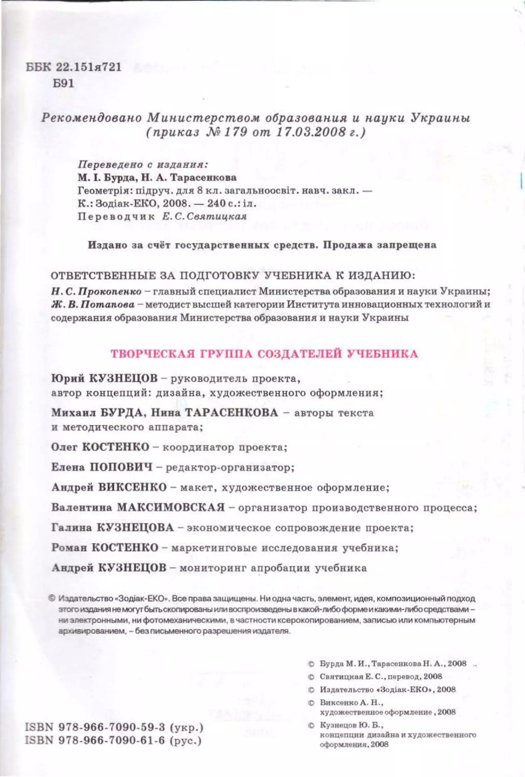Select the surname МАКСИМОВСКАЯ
[171, 508]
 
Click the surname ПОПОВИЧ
[121, 467]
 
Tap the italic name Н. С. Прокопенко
[96, 291]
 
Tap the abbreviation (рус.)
[187, 740]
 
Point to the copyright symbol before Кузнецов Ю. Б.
[311, 726]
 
